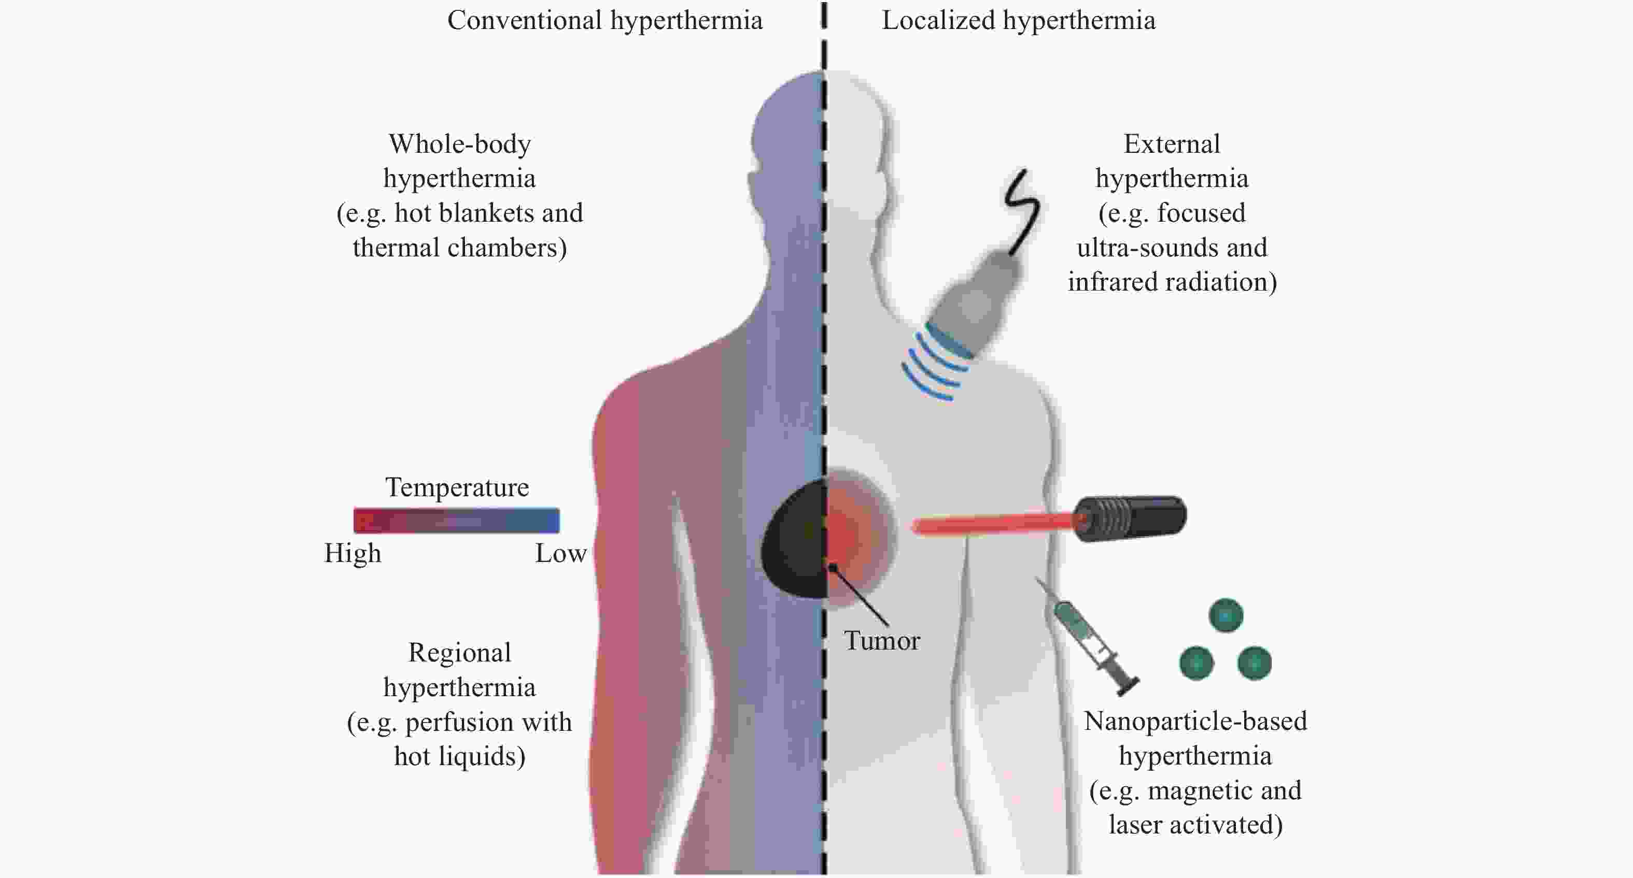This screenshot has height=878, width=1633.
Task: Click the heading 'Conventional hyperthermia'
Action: (x=605, y=21)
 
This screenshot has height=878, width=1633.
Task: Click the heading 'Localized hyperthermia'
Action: (x=1019, y=21)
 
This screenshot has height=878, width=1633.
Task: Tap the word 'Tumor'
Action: (x=882, y=640)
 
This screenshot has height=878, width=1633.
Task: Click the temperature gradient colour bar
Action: (x=456, y=520)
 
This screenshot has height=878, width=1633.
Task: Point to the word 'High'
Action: (x=353, y=553)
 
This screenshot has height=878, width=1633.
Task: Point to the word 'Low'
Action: (x=560, y=554)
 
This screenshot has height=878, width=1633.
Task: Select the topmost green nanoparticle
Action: (x=1226, y=615)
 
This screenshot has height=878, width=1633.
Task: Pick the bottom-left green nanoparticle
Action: (x=1196, y=663)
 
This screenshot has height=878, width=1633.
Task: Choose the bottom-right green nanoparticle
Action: (x=1255, y=663)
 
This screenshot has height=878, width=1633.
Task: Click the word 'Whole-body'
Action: (x=460, y=145)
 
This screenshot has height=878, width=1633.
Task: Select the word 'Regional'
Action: (x=460, y=653)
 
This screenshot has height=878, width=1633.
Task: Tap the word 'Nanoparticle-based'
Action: (x=1195, y=722)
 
